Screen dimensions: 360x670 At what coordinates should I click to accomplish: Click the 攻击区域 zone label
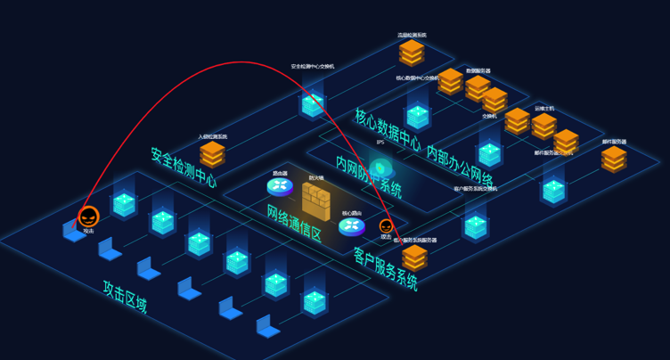(x=125, y=297)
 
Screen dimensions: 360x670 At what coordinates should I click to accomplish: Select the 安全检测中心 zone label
(x=184, y=168)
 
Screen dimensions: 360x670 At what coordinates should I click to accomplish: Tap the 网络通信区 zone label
(x=293, y=223)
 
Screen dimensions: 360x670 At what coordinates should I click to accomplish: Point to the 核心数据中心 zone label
(x=388, y=128)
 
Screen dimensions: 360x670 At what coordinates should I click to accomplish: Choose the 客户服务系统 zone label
(x=385, y=269)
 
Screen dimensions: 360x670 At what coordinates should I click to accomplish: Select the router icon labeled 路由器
(x=280, y=186)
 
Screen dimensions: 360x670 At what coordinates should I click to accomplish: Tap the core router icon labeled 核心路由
(x=352, y=226)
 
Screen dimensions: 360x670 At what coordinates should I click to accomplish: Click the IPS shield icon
(x=381, y=168)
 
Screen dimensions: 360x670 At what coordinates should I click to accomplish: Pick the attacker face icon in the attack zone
(x=88, y=217)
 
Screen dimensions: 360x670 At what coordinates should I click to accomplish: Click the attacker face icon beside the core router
(x=386, y=226)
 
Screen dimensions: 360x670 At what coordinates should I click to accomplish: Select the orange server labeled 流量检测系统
(x=412, y=53)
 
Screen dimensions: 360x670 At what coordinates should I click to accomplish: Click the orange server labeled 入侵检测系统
(x=212, y=153)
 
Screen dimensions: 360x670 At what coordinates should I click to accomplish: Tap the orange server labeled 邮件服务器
(x=614, y=159)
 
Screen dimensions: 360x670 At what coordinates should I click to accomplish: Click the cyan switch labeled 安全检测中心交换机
(x=312, y=105)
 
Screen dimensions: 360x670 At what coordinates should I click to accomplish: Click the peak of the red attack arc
(x=241, y=62)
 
